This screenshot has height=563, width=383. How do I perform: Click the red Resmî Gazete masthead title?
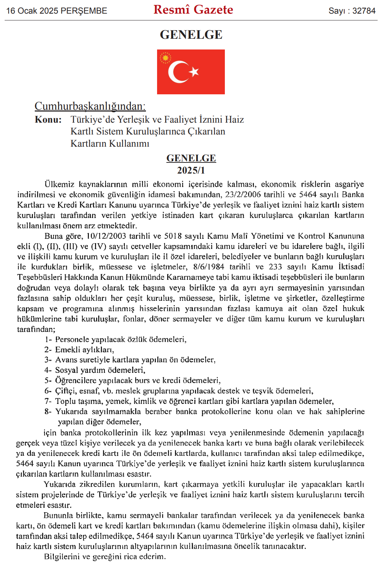[x=193, y=10]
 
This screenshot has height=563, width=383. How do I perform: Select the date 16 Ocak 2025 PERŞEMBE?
[x=57, y=11]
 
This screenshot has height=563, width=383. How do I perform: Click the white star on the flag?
[x=194, y=72]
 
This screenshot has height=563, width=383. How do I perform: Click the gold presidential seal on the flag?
[x=165, y=58]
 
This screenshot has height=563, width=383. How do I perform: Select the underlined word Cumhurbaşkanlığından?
[x=90, y=106]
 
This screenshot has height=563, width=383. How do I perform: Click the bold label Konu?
[x=48, y=120]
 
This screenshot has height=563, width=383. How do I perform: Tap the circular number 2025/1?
[x=191, y=170]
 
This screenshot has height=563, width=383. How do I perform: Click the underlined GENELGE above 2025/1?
[x=191, y=158]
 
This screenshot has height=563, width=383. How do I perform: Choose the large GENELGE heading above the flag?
[x=191, y=35]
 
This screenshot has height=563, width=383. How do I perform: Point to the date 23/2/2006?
[x=243, y=194]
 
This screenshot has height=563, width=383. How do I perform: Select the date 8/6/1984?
[x=208, y=267]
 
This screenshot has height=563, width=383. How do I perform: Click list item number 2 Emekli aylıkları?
[x=84, y=350]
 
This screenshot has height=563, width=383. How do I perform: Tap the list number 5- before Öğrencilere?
[x=48, y=380]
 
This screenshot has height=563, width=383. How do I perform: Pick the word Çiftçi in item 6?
[x=66, y=391]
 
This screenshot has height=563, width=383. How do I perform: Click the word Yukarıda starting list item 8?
[x=71, y=411]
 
